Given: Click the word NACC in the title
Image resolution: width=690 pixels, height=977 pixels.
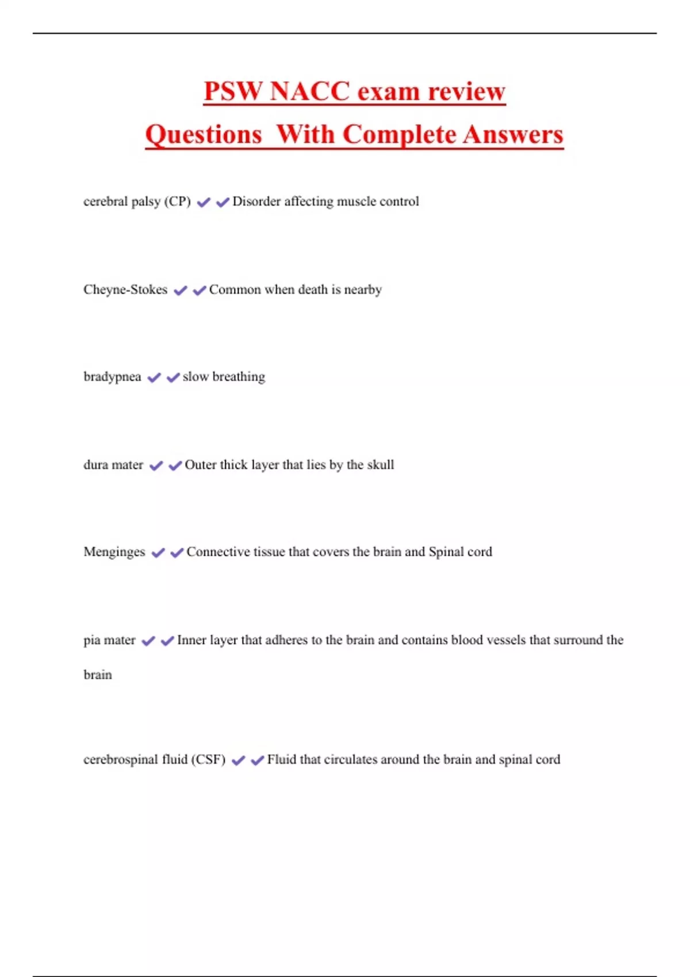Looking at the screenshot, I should [309, 91].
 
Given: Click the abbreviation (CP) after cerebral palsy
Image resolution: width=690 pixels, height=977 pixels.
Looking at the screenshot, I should [177, 202].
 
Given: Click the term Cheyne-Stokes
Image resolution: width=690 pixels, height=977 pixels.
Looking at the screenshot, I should [125, 290].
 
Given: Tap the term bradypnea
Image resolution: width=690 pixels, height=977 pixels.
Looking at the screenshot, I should [112, 377].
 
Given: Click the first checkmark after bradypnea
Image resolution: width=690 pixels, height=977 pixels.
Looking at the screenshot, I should [154, 378].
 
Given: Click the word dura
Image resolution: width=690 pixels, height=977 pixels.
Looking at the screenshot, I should [96, 465].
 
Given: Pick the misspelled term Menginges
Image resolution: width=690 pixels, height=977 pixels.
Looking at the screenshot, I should [114, 552].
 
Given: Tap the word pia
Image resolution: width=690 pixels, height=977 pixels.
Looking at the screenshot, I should [91, 640].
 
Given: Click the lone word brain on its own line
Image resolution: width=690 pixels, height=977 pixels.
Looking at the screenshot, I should [98, 675].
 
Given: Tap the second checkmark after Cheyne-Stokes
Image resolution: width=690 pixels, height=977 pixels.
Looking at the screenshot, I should [200, 290].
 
